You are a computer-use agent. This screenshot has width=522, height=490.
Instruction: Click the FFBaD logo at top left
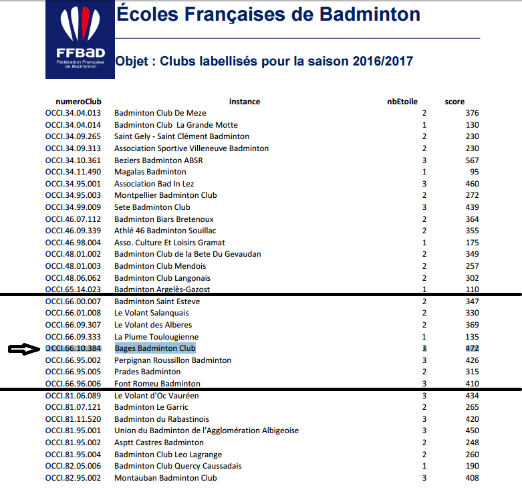79,39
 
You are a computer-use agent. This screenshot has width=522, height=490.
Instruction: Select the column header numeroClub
73,102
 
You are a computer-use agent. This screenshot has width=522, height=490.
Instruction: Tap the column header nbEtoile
402,102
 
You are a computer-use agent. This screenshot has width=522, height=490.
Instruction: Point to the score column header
454,102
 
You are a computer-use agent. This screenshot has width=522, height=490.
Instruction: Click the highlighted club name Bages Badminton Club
155,348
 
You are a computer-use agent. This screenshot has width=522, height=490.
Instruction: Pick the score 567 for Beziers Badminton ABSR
472,160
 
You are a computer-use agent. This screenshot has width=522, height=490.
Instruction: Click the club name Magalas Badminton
150,172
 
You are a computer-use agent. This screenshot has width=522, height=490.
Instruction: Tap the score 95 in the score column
474,172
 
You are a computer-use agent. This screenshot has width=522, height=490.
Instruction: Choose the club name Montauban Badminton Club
165,478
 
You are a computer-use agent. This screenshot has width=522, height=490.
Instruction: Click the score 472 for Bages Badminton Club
472,348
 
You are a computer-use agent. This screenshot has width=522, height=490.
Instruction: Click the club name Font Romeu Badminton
157,384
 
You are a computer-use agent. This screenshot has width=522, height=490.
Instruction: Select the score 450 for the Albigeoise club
472,431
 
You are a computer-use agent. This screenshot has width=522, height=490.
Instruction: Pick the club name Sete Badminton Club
152,207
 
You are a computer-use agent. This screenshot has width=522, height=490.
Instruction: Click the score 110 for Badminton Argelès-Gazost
472,289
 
